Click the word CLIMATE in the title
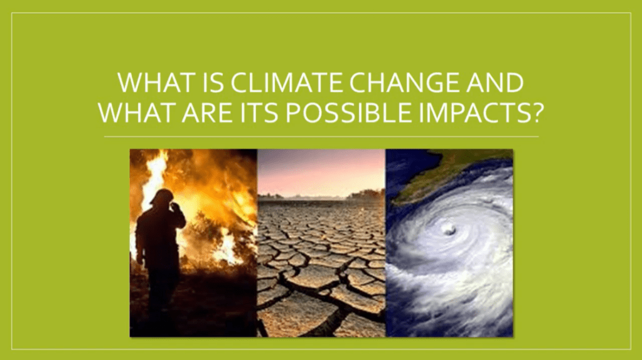tap(286, 83)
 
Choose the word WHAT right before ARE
tap(137, 112)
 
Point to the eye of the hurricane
tap(449, 230)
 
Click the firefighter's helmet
tap(162, 197)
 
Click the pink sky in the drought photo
tap(321, 172)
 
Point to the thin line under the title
tap(321, 137)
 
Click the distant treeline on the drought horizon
tap(321, 196)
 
